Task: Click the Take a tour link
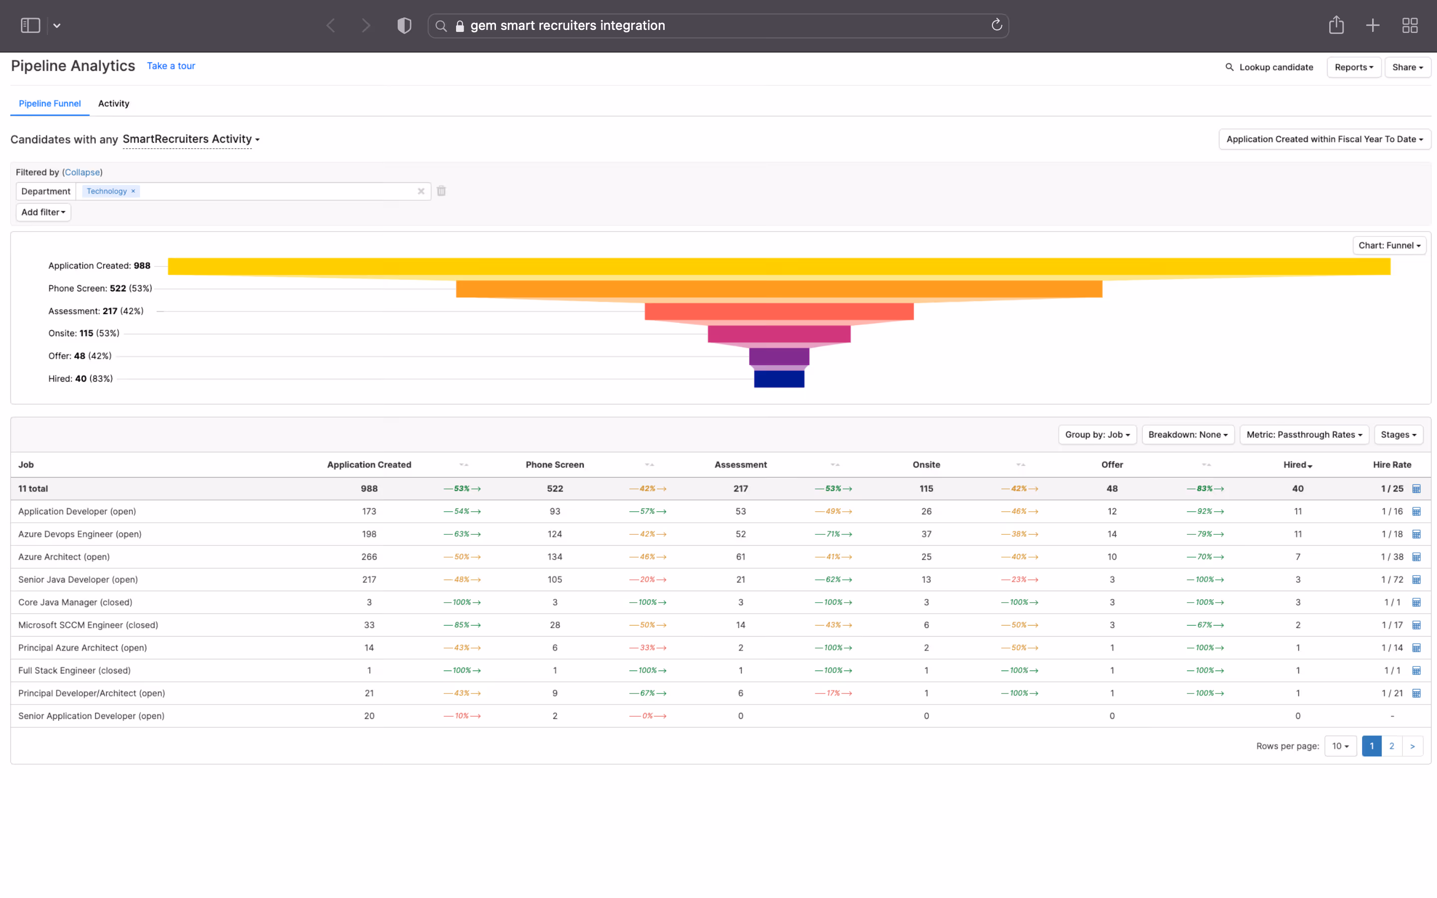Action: pos(171,66)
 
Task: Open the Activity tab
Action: pos(113,103)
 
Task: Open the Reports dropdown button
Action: pos(1353,67)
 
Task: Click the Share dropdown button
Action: pos(1407,67)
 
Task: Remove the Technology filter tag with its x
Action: pos(133,191)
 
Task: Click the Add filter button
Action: pos(43,212)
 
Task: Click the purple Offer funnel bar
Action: pos(778,356)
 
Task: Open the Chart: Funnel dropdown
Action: pos(1389,245)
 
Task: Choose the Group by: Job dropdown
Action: pos(1097,435)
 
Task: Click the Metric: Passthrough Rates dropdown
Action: pos(1303,435)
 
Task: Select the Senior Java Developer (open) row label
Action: pos(78,580)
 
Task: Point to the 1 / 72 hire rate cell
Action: pos(1391,580)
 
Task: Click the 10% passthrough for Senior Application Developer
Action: pos(462,716)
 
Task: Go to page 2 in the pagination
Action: pos(1391,746)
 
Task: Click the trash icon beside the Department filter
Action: pos(441,191)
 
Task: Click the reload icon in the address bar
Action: pos(996,25)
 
